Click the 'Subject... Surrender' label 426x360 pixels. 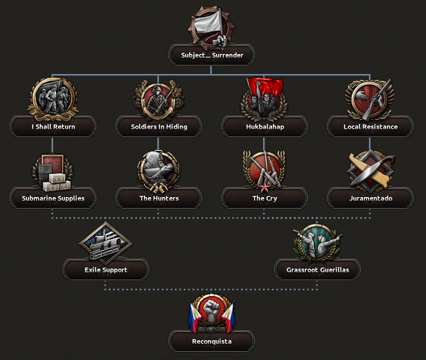click(212, 55)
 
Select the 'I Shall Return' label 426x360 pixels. click(53, 127)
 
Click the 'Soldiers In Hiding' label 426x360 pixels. click(159, 127)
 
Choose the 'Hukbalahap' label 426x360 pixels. click(265, 127)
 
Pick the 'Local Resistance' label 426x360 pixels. click(370, 127)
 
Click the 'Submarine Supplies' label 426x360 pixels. click(53, 198)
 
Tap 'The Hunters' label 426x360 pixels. click(159, 198)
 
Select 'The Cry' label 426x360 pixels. click(265, 198)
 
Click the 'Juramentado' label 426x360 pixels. click(370, 198)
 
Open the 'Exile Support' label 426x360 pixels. click(106, 270)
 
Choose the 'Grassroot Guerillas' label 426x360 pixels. click(317, 270)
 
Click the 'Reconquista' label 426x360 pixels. click(212, 341)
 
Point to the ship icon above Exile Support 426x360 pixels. click(105, 241)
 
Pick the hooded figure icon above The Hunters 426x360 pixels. click(158, 170)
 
